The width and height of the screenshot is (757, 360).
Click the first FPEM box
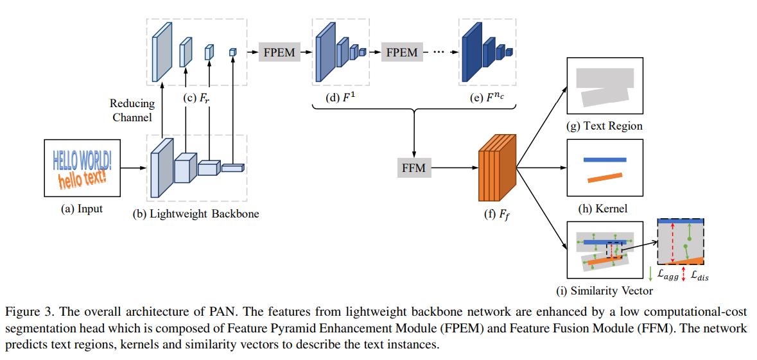pos(279,53)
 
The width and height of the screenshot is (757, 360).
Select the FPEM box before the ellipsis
pos(401,53)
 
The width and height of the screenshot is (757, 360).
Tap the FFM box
pos(414,169)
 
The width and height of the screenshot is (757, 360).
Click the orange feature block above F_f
pos(496,167)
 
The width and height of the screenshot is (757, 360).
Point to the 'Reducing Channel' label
pos(132,110)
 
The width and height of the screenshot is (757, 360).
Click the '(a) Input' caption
pos(82,209)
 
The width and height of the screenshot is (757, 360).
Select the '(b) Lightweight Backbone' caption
pos(196,214)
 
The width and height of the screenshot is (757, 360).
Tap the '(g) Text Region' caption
pos(604,126)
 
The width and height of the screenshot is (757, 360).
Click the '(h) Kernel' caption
pos(603,209)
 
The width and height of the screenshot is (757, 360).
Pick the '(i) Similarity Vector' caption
pos(604,291)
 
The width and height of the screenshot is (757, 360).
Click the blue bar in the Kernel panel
pos(604,159)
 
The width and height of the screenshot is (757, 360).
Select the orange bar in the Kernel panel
pos(604,176)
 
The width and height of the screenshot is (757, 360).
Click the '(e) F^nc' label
pos(487,99)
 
